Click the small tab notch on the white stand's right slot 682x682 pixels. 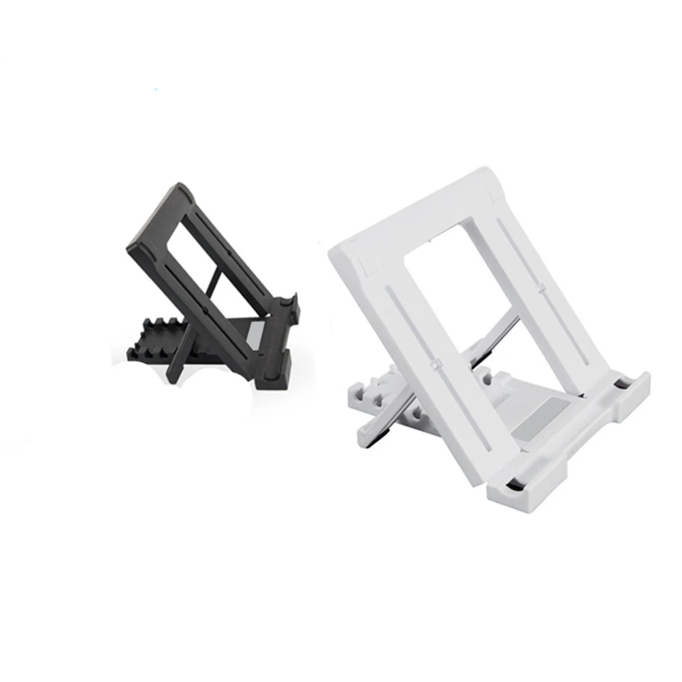point(541,289)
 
